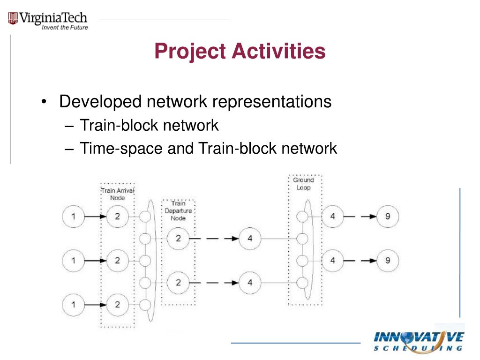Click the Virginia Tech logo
tap(48, 20)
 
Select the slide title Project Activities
tap(240, 51)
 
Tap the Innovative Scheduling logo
tap(419, 341)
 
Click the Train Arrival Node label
tap(118, 194)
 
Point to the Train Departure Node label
tap(178, 210)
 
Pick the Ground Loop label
tap(303, 183)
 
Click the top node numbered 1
tap(73, 217)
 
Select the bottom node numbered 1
tap(73, 304)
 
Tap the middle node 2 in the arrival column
tap(117, 261)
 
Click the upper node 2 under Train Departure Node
tap(178, 239)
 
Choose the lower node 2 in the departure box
tap(178, 283)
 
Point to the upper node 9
tap(388, 217)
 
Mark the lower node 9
tap(388, 261)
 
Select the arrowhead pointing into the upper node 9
tap(373, 217)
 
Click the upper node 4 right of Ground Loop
tap(333, 217)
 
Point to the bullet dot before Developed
tap(44, 103)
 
